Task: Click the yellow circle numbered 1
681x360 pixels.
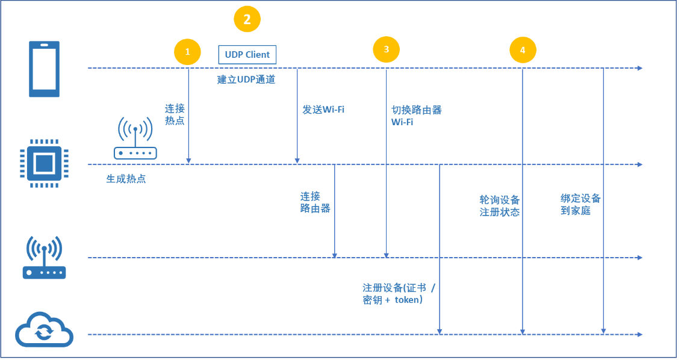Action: (x=187, y=52)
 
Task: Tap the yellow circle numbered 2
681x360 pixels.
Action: (x=247, y=19)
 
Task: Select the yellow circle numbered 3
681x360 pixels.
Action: (x=386, y=49)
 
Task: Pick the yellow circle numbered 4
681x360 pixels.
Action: (x=522, y=51)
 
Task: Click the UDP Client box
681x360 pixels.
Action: (x=247, y=55)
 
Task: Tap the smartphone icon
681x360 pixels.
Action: (x=45, y=69)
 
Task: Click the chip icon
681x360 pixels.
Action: (x=44, y=163)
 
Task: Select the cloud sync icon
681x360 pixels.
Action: (x=44, y=330)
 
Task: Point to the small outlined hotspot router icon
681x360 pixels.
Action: (x=135, y=139)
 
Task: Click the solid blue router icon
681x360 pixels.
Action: (x=44, y=258)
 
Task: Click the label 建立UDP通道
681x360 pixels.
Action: (x=246, y=79)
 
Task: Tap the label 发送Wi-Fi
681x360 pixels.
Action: (x=323, y=110)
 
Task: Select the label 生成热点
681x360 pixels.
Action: (x=126, y=179)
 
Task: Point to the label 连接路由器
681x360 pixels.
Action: (x=315, y=202)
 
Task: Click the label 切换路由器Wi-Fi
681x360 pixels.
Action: (x=417, y=116)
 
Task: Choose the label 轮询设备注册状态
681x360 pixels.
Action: (x=500, y=206)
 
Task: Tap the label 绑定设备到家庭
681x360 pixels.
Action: (x=580, y=205)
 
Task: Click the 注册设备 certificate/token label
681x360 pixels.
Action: (x=399, y=293)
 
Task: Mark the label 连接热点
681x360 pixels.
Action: (x=175, y=114)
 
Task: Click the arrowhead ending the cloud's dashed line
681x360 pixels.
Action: (x=640, y=334)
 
